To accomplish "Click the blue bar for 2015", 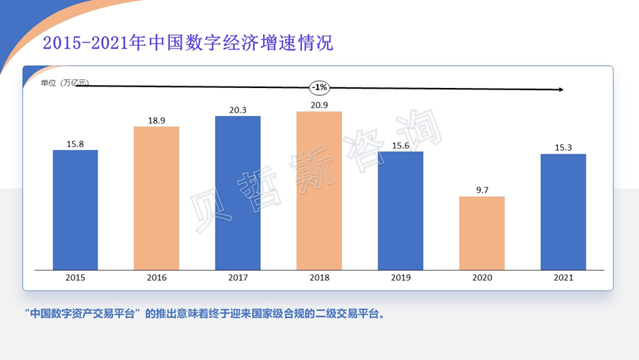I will (75, 210).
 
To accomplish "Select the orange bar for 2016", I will (157, 198).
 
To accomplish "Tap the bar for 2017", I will (238, 193).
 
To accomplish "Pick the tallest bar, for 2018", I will (319, 191).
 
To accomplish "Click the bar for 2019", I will (400, 211).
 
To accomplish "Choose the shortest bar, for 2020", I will (482, 233).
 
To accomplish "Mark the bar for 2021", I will (563, 211).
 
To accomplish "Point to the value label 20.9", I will (319, 105).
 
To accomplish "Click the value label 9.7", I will (482, 190).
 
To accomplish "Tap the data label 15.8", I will (75, 144).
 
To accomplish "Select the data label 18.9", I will (157, 120).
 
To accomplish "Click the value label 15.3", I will (563, 147).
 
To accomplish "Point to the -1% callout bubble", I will (319, 87).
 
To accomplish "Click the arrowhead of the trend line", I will (561, 89).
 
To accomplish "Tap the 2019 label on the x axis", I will (400, 278).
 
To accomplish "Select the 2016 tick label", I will (157, 278).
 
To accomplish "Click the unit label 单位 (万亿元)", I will (64, 83).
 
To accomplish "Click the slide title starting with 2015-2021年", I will (188, 43).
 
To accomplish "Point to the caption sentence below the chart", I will (204, 313).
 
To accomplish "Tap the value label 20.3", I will (238, 110).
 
